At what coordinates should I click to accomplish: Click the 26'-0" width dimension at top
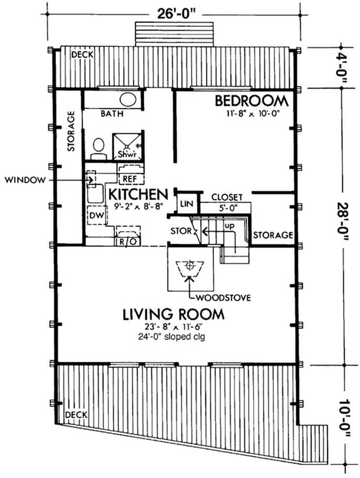[x=176, y=14]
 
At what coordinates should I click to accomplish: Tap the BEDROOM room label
[x=252, y=101]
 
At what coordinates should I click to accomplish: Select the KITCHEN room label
[x=138, y=194]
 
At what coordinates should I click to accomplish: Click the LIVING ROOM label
[x=174, y=315]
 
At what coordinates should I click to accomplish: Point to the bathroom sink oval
[x=128, y=99]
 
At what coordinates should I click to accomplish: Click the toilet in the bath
[x=98, y=149]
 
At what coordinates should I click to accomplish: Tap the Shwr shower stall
[x=127, y=147]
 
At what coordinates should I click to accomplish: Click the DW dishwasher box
[x=97, y=215]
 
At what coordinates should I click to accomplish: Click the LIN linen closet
[x=186, y=203]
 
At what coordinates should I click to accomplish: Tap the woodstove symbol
[x=191, y=267]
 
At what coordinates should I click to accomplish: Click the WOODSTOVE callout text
[x=223, y=297]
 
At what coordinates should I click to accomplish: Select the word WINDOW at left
[x=25, y=180]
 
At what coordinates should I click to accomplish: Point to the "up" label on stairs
[x=229, y=226]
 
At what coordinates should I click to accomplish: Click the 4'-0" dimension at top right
[x=344, y=68]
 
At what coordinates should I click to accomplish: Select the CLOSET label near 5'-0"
[x=227, y=197]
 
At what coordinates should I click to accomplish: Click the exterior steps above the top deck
[x=174, y=34]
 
